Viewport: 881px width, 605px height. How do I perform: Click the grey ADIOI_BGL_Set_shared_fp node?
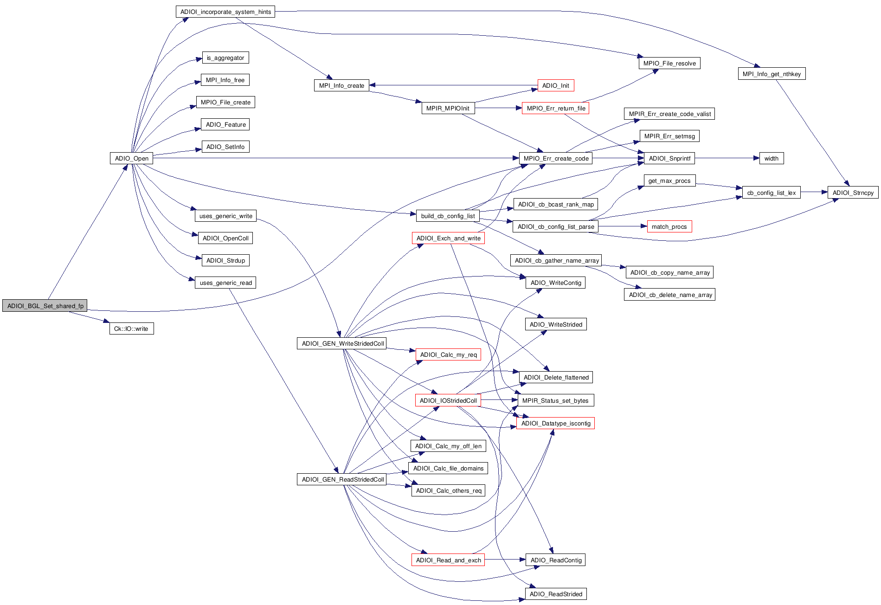(x=45, y=306)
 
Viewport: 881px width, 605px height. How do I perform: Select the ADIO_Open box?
(x=131, y=158)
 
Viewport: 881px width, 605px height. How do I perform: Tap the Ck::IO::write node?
(x=131, y=328)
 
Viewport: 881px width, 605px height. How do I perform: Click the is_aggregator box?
(x=225, y=58)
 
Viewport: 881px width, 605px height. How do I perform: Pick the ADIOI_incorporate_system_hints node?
(x=225, y=12)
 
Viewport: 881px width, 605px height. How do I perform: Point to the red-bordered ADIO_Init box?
(x=555, y=85)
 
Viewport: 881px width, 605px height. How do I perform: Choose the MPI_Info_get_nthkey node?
(x=772, y=74)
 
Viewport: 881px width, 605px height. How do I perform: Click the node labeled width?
(x=772, y=158)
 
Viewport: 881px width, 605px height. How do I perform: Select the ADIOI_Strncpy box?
(x=853, y=193)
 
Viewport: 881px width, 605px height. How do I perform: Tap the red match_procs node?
(x=669, y=226)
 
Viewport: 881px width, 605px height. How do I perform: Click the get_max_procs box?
(x=669, y=180)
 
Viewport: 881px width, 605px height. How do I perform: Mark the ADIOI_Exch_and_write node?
(x=448, y=238)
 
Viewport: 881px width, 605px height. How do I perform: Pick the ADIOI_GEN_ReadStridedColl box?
(x=343, y=479)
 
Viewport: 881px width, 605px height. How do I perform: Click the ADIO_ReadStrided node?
(x=556, y=594)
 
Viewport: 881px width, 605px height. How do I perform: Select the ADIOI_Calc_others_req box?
(x=449, y=490)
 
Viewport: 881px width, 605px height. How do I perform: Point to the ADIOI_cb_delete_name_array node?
(x=669, y=295)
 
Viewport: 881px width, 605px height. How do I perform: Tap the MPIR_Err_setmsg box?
(x=669, y=136)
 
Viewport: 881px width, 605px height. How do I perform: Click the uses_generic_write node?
(x=226, y=216)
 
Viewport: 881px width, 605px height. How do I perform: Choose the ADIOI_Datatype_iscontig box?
(x=555, y=423)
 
